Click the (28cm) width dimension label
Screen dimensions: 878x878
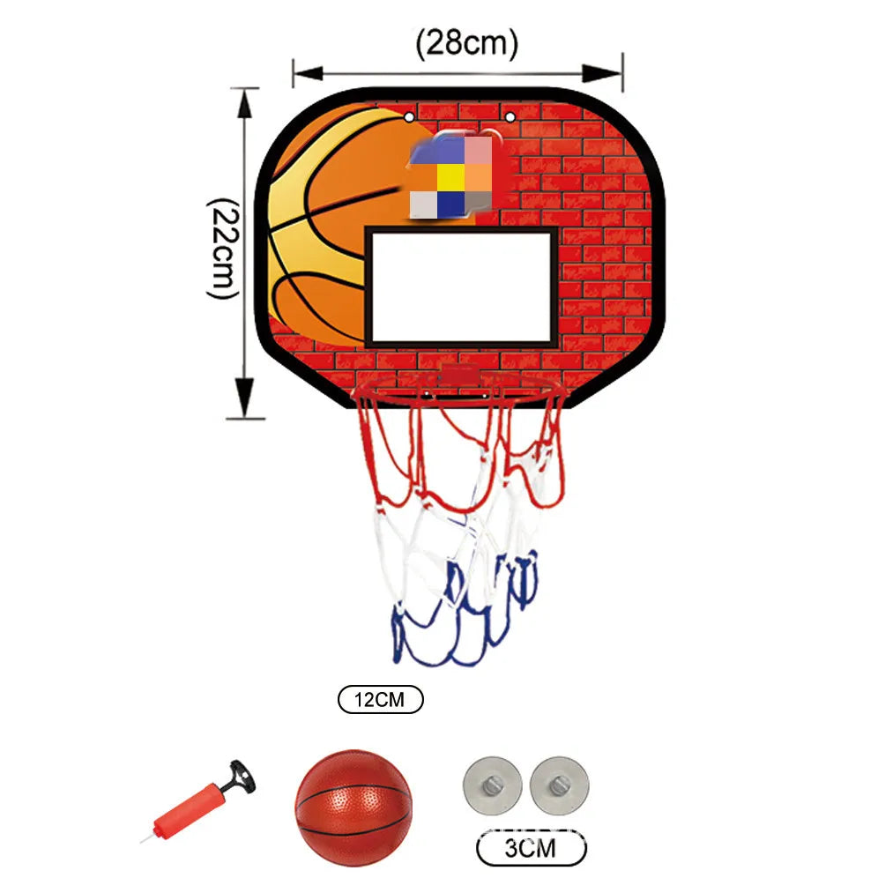466,43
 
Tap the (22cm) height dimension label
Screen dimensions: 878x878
224,249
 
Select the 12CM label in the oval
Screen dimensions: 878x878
380,699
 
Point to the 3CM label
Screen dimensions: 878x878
531,848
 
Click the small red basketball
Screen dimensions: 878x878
353,807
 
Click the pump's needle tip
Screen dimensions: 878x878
141,841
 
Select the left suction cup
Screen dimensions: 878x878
492,785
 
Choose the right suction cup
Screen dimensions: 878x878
559,785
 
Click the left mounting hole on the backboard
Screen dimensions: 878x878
409,117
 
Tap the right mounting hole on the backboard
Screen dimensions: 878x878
510,117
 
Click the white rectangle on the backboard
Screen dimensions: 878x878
461,286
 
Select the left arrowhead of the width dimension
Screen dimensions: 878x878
308,73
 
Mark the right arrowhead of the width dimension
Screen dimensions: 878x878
602,73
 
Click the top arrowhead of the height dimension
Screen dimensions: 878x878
245,103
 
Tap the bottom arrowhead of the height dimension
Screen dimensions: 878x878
245,398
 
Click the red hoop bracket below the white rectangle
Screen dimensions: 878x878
460,374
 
